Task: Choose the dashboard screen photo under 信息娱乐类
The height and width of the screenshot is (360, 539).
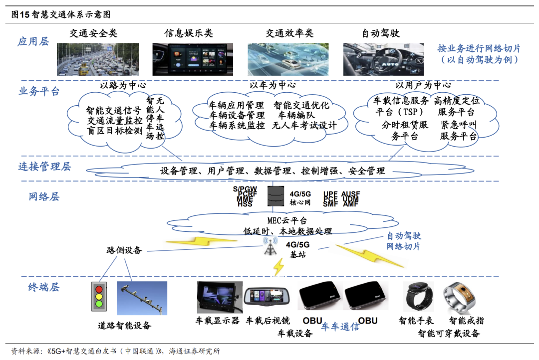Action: [193, 59]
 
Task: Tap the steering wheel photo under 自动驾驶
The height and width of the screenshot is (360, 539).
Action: [384, 59]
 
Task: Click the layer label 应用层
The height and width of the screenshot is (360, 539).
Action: [33, 42]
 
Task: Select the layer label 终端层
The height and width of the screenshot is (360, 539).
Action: [43, 287]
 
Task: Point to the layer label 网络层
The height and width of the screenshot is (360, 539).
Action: [43, 196]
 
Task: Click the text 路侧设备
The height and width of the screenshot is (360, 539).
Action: [124, 250]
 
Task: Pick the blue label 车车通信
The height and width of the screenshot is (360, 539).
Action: [340, 327]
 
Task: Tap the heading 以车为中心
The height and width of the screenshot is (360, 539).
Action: [272, 85]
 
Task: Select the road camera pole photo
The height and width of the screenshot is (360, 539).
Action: [142, 298]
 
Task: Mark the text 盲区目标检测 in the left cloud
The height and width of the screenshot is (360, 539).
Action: [115, 131]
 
